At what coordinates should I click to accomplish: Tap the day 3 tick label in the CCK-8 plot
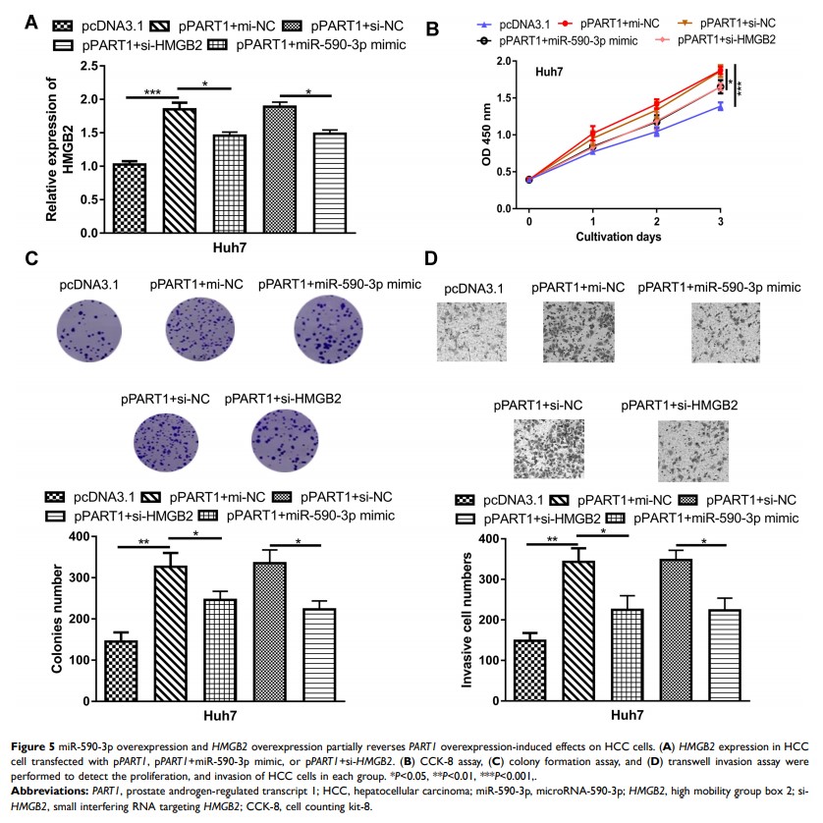[722, 222]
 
